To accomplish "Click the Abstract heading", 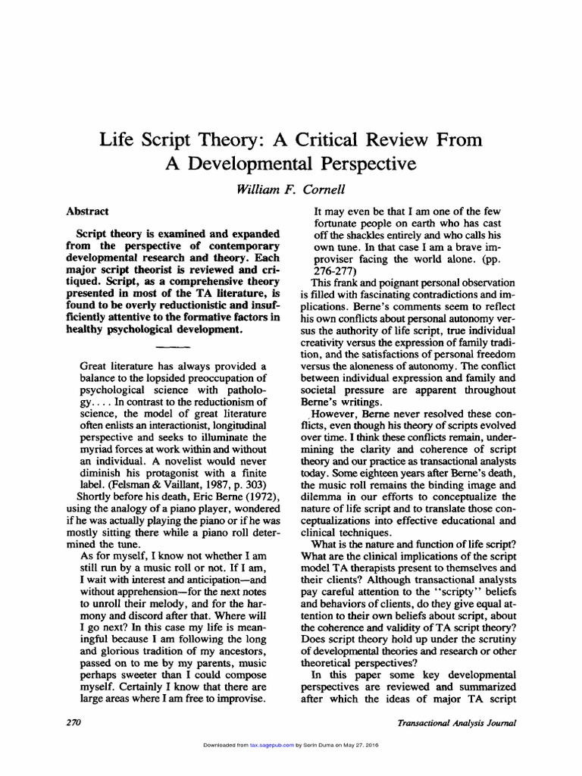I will coord(87,212).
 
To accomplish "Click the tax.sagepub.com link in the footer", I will coord(268,746).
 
